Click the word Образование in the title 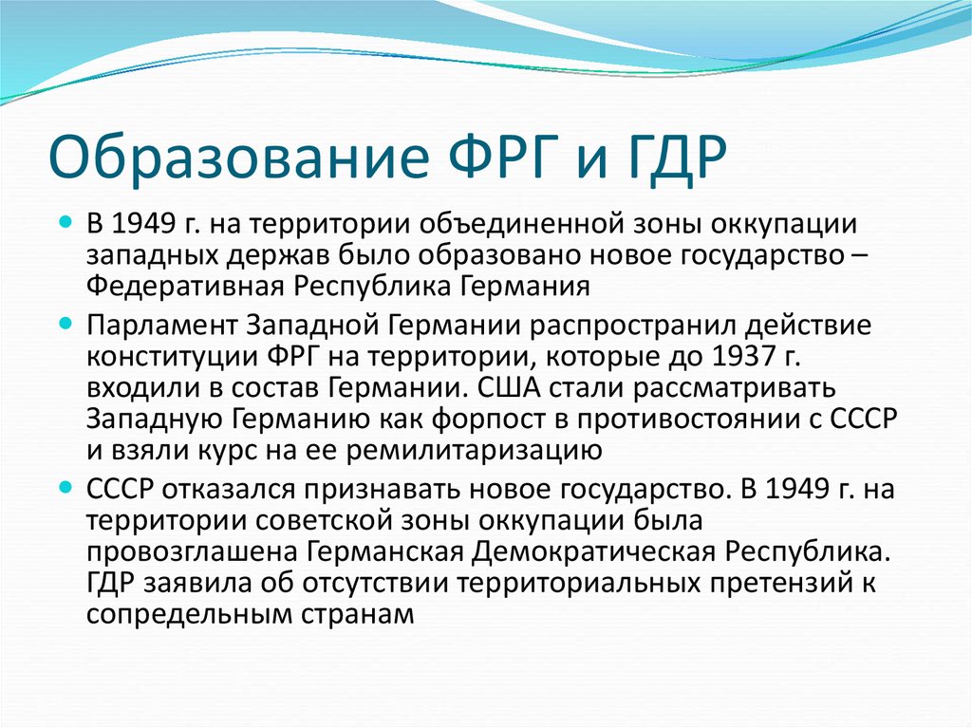click(238, 157)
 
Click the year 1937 click(743, 356)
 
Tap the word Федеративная click(184, 287)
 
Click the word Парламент click(162, 326)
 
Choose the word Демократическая click(593, 551)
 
